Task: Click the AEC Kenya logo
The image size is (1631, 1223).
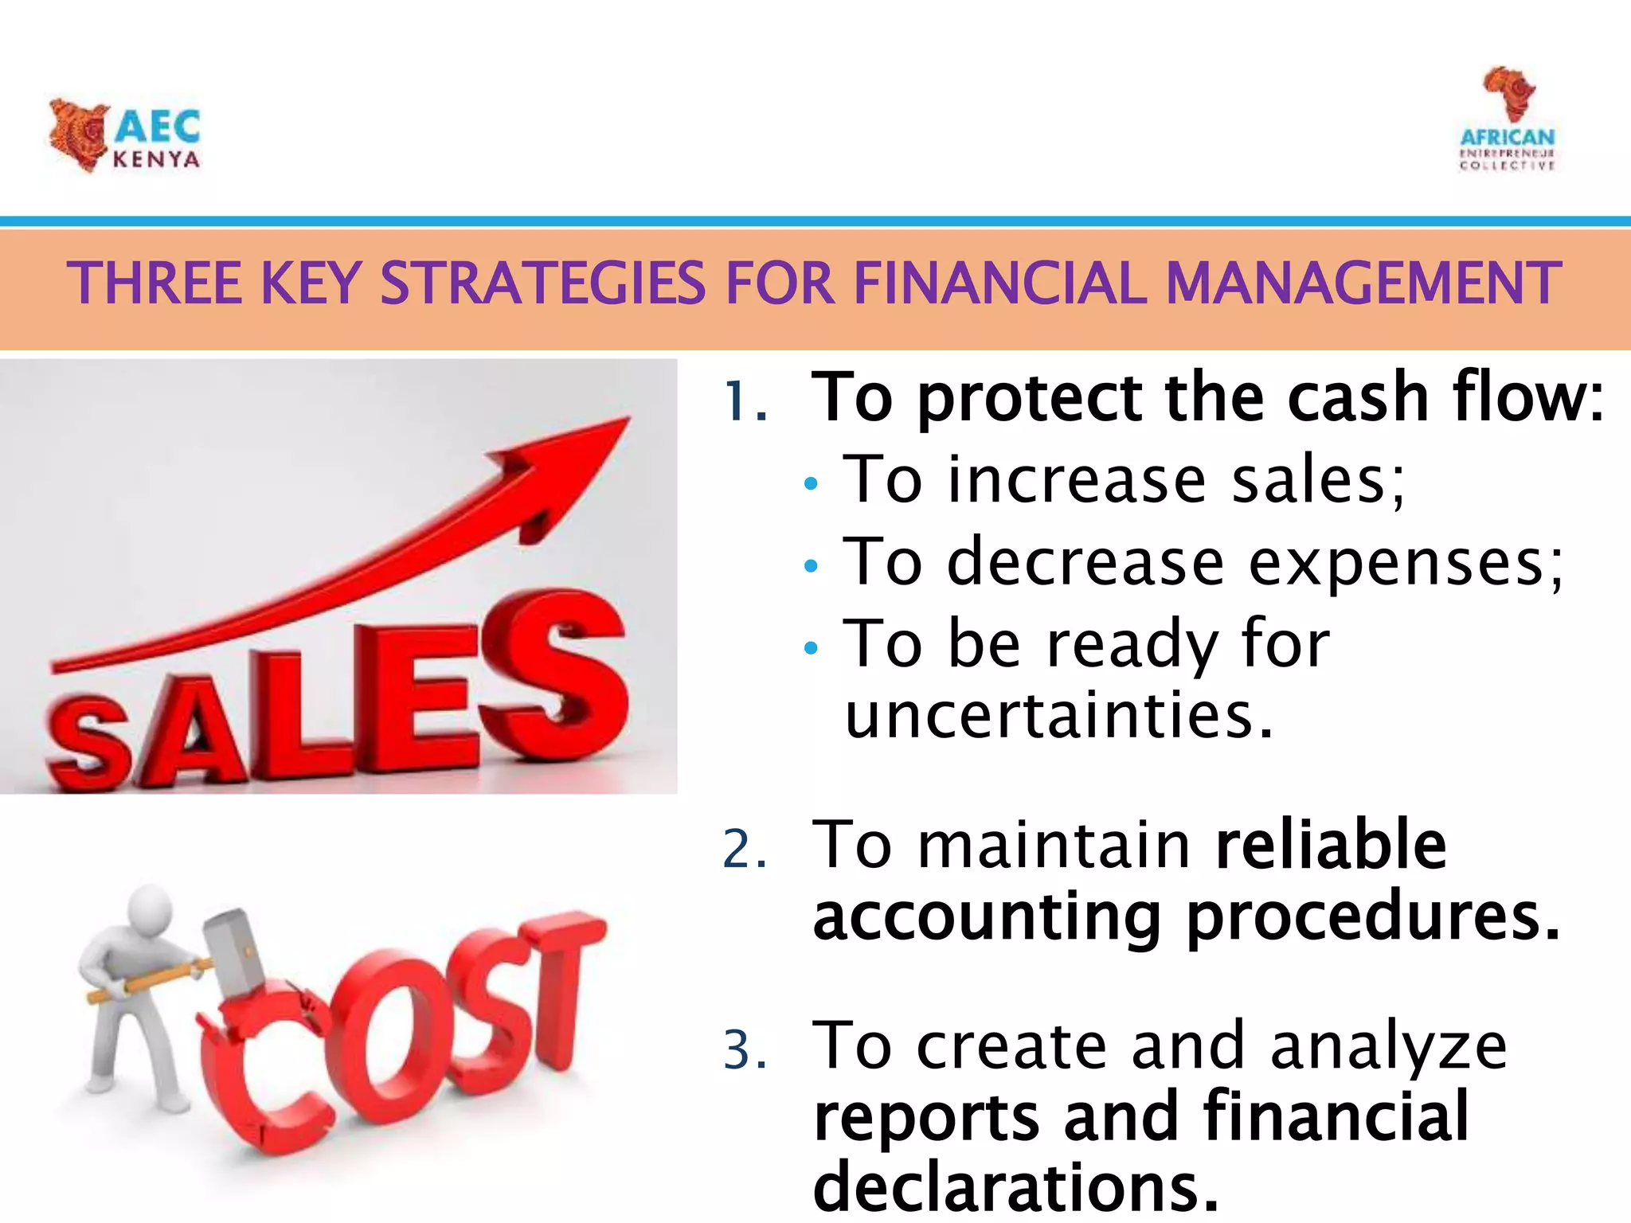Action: pyautogui.click(x=125, y=135)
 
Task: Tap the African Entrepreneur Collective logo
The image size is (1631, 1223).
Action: pyautogui.click(x=1507, y=119)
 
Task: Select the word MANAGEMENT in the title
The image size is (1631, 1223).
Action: pyautogui.click(x=1363, y=284)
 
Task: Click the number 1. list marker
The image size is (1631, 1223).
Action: pyautogui.click(x=745, y=401)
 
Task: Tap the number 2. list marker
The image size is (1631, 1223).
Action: pyautogui.click(x=745, y=849)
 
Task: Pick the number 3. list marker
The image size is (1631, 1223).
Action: pyautogui.click(x=745, y=1049)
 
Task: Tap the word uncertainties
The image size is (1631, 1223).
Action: pyautogui.click(x=1059, y=715)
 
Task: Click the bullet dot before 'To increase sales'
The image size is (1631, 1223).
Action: pyautogui.click(x=811, y=483)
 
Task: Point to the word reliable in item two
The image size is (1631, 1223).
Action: pyautogui.click(x=1331, y=846)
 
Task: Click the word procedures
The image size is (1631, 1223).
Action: pyautogui.click(x=1373, y=919)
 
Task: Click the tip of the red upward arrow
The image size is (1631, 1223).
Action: pyautogui.click(x=625, y=420)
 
